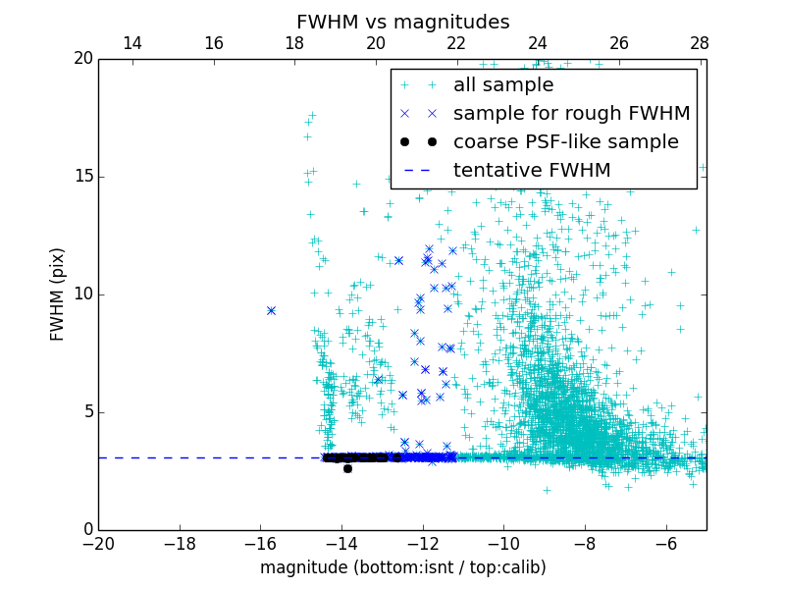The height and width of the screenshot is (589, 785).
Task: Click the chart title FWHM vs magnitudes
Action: pos(402,22)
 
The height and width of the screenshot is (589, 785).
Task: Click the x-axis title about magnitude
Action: pos(402,567)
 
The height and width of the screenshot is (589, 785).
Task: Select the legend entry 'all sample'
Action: pos(502,85)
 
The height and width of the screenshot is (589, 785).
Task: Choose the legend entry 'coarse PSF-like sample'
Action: pos(565,142)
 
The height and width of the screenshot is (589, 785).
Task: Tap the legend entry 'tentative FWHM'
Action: pos(531,171)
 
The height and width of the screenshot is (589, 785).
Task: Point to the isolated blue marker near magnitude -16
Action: pos(271,310)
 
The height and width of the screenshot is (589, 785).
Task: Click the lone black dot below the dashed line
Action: pos(347,468)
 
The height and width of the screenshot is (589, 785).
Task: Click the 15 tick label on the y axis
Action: pos(82,177)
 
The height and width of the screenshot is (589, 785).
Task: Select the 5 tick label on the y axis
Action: pos(86,412)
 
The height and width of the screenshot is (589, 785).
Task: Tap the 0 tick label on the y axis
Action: pos(86,530)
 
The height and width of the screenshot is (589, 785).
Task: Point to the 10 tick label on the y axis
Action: pos(82,294)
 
